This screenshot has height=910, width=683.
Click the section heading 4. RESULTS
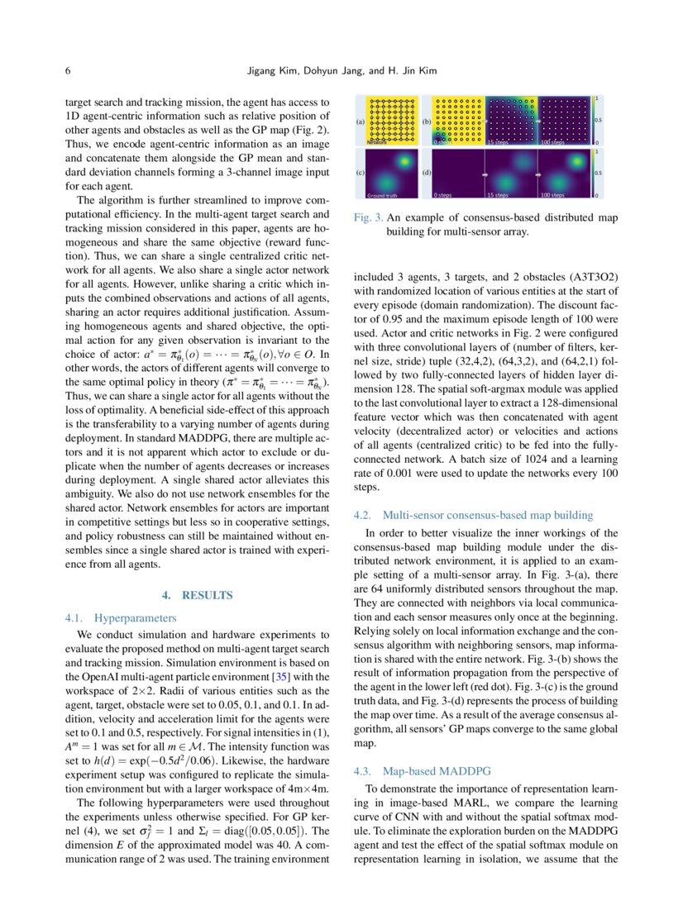click(x=198, y=595)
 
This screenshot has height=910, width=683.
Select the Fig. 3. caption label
click(x=367, y=218)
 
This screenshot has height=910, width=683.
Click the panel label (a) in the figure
click(x=360, y=121)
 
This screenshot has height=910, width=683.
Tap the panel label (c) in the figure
click(x=360, y=173)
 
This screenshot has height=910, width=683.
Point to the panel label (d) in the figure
click(x=427, y=173)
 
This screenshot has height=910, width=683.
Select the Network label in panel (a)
click(x=377, y=143)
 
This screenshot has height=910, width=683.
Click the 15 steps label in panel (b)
click(x=498, y=143)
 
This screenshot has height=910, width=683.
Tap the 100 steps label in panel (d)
click(x=552, y=196)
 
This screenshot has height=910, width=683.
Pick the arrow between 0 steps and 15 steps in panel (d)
click(x=485, y=174)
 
